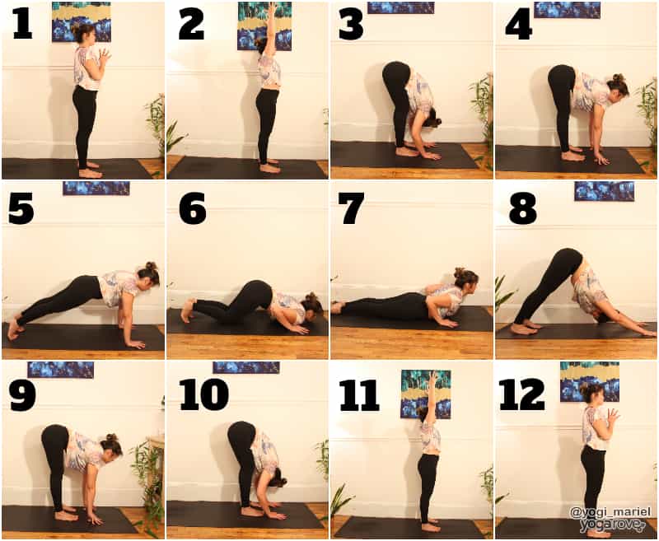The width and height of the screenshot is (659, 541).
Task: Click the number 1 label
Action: (x=23, y=26)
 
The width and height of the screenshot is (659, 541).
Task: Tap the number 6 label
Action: (x=193, y=208)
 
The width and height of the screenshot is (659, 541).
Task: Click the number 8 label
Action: (x=523, y=209)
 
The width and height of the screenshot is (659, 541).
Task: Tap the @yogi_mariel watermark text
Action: (x=610, y=512)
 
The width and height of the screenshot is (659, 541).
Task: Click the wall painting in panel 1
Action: (x=82, y=22)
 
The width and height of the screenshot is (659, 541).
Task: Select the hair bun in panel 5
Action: (x=151, y=266)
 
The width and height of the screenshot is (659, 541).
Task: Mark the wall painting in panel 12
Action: (x=590, y=382)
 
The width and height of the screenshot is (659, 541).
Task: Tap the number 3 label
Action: (x=352, y=26)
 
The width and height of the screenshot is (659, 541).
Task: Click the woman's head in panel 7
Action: (x=466, y=279)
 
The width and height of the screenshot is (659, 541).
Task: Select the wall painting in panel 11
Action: (x=426, y=394)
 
